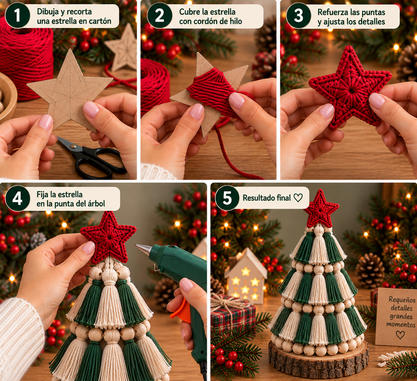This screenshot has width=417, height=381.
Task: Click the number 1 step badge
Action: (17, 15)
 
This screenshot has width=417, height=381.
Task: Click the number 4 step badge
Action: (17, 198)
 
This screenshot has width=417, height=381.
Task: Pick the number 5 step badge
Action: (227, 198)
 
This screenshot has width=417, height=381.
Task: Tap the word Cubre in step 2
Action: (189, 12)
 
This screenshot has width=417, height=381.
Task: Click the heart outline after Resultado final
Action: (298, 198)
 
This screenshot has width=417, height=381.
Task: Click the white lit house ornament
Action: (246, 276)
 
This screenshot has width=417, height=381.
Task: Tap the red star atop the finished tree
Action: (321, 208)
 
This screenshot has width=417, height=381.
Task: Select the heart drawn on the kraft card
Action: (400, 335)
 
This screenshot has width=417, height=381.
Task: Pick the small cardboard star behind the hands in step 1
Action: (123, 48)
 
